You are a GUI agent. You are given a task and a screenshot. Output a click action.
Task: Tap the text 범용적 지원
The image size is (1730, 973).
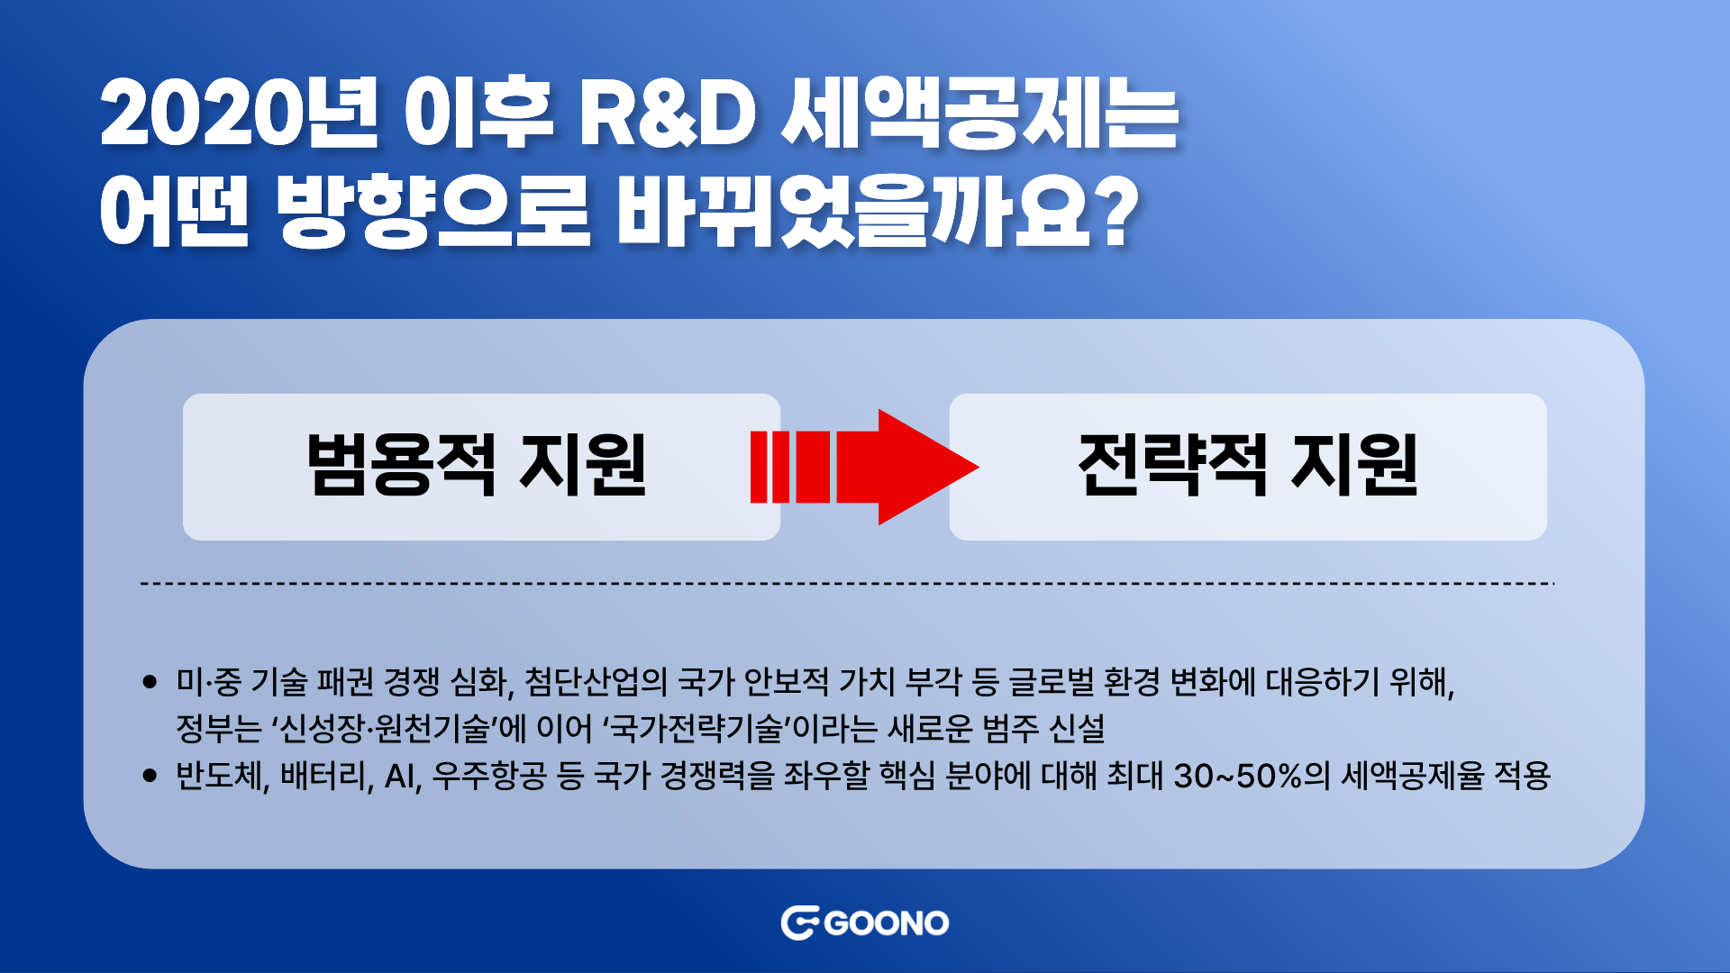[x=477, y=465]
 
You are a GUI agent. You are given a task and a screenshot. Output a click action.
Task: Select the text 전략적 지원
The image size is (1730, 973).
[x=1248, y=465]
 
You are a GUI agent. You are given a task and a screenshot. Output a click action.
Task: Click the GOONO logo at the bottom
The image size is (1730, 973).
[x=865, y=923]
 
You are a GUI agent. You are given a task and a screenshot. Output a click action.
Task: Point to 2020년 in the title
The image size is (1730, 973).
[x=239, y=114]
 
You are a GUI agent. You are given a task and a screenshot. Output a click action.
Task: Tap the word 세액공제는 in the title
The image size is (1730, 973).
[x=979, y=114]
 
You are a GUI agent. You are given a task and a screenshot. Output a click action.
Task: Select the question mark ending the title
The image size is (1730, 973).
[x=1118, y=212]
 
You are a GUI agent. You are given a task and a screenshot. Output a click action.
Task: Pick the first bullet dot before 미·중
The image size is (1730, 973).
[x=150, y=682]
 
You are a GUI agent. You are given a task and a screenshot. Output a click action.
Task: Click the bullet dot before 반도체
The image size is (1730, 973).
[x=150, y=776]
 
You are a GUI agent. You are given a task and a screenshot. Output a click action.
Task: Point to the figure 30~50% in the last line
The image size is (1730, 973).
[x=1238, y=776]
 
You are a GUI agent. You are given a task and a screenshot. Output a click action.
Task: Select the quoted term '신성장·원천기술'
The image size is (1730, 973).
[x=384, y=728]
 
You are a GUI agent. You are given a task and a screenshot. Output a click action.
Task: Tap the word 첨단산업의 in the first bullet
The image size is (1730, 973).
[x=596, y=682]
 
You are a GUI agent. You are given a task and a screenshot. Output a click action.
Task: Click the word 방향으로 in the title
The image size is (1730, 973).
[x=433, y=213]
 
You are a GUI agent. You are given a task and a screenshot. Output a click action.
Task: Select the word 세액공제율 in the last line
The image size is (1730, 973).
[x=1412, y=776]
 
